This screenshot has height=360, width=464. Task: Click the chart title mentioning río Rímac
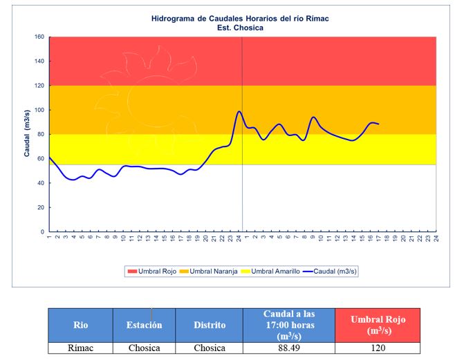coord(241,18)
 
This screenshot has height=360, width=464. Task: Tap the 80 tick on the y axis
coord(40,134)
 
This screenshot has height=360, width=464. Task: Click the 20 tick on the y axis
coord(40,207)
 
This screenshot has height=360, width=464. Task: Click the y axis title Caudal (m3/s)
coord(26,133)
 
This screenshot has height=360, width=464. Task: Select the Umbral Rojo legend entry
coord(150,272)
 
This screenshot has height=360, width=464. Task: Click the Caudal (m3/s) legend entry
coord(331,272)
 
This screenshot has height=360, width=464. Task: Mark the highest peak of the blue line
coord(239,111)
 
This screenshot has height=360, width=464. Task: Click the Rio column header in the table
coord(80,324)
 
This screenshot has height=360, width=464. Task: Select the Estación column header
coord(143,324)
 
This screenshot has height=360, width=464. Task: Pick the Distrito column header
coord(208,324)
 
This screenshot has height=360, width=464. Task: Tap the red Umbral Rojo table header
coord(377,324)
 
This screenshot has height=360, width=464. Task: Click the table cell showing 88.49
coord(288,348)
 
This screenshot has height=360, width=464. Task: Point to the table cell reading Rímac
coord(80,348)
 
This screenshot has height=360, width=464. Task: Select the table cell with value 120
coord(377,348)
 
